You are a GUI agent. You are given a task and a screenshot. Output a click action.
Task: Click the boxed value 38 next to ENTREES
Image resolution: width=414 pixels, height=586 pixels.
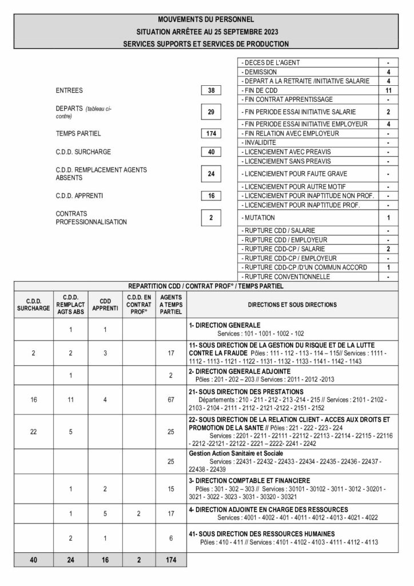[x=211, y=90]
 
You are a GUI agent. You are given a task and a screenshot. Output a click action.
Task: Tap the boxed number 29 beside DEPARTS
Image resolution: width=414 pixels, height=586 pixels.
[x=211, y=112]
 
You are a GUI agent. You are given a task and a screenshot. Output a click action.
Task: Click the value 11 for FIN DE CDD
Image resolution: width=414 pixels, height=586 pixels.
[x=388, y=90]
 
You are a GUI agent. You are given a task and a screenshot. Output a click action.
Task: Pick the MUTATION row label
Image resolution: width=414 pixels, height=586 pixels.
[x=259, y=218]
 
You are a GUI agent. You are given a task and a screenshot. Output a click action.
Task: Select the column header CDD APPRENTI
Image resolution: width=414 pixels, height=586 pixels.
[x=105, y=305]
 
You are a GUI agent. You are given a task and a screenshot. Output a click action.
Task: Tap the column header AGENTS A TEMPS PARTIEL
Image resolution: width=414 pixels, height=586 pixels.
[x=170, y=305]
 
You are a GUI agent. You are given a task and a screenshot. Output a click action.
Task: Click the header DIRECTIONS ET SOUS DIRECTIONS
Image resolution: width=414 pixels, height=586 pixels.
[x=292, y=305]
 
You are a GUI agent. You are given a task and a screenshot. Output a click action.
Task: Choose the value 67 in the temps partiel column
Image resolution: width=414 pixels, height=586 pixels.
[x=170, y=399]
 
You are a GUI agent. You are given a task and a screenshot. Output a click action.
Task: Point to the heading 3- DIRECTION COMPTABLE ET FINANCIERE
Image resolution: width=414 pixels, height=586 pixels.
[x=250, y=480]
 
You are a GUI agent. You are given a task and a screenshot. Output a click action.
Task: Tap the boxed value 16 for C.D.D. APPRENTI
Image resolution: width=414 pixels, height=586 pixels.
[x=211, y=196]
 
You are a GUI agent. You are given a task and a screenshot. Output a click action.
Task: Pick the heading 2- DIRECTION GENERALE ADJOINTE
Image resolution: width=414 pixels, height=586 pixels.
[x=240, y=371]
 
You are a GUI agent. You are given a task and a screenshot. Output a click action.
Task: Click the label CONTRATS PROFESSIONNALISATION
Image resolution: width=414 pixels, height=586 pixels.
[x=91, y=217]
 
